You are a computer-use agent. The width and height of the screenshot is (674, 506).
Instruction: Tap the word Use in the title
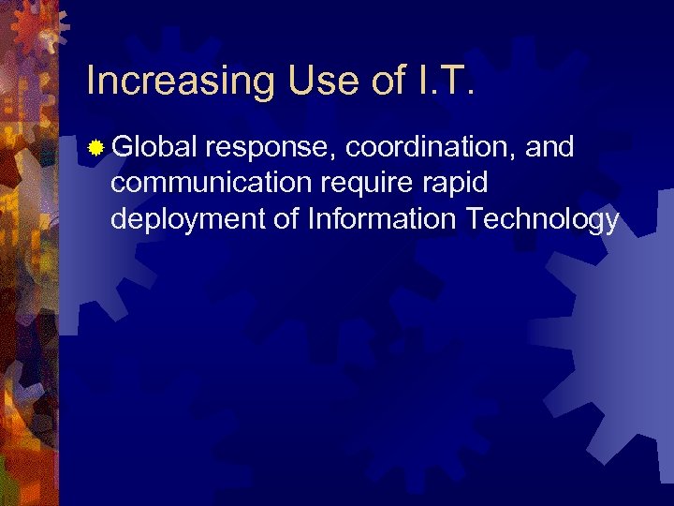311,81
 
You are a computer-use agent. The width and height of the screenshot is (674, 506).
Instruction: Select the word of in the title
387,81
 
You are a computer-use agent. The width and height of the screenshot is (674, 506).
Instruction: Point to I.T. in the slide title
445,81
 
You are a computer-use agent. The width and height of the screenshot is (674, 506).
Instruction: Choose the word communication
208,183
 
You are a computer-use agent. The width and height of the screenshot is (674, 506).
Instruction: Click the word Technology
543,221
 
